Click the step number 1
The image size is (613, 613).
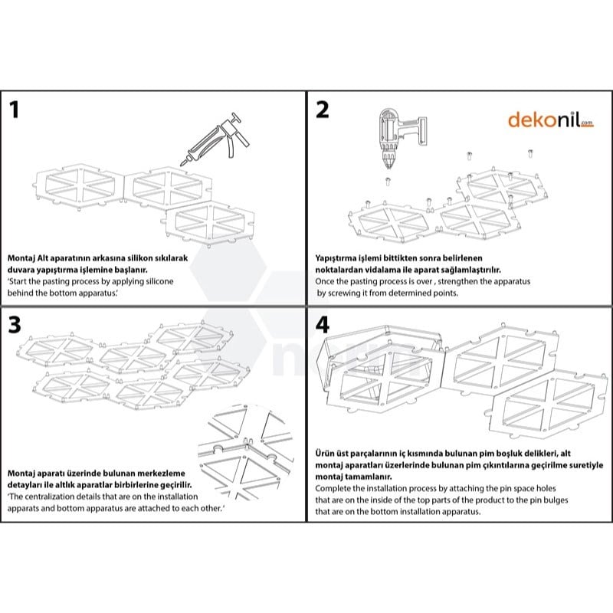pyautogui.click(x=14, y=110)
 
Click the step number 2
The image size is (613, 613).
pyautogui.click(x=322, y=110)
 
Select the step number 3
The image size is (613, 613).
pyautogui.click(x=15, y=325)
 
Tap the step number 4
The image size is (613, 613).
pyautogui.click(x=323, y=325)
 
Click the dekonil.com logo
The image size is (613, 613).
pyautogui.click(x=550, y=120)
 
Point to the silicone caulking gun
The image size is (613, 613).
pyautogui.click(x=215, y=140)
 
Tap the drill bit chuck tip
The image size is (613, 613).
pyautogui.click(x=388, y=167)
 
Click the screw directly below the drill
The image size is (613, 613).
pyautogui.click(x=388, y=182)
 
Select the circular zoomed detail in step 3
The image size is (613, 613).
pyautogui.click(x=246, y=452)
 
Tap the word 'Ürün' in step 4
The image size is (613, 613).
pyautogui.click(x=324, y=454)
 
